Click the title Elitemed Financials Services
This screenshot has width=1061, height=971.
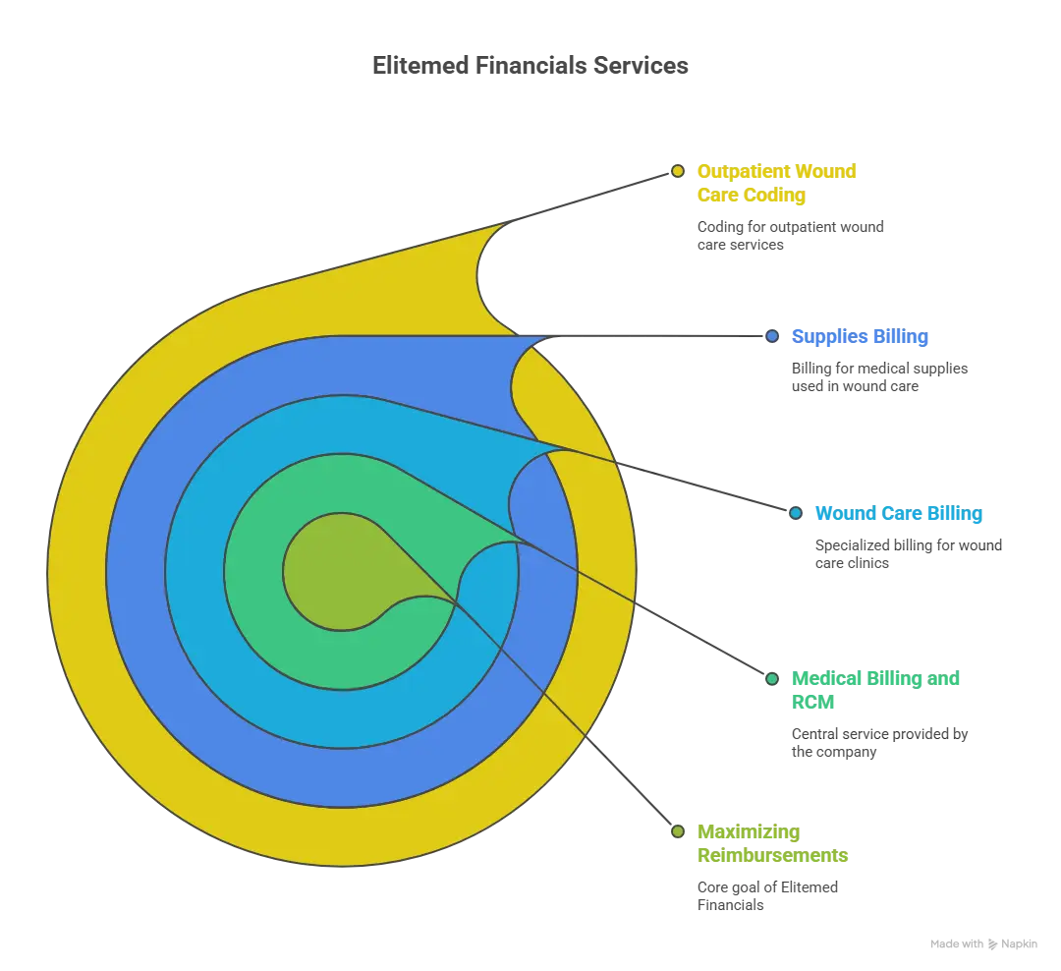530,66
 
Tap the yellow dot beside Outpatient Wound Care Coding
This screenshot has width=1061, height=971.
677,171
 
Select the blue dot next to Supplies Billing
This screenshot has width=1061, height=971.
772,336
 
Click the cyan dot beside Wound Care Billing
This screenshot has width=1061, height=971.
796,513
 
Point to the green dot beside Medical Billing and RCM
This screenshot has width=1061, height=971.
772,678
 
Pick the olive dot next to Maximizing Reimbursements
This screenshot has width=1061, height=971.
677,831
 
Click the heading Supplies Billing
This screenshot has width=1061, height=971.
860,336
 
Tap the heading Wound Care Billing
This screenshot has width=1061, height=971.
899,513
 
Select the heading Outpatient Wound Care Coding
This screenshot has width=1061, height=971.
777,183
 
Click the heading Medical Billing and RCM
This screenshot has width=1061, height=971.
875,690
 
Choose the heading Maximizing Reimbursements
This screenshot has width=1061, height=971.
773,843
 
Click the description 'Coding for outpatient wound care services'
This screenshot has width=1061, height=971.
790,236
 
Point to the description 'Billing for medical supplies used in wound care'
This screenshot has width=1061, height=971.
879,377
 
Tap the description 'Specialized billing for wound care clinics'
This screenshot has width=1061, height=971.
909,554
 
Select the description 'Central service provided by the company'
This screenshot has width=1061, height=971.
879,743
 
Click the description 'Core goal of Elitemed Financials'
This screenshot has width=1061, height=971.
767,896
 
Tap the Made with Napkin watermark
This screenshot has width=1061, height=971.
983,943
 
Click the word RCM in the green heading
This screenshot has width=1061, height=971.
812,702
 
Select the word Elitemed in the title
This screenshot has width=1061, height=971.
420,66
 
